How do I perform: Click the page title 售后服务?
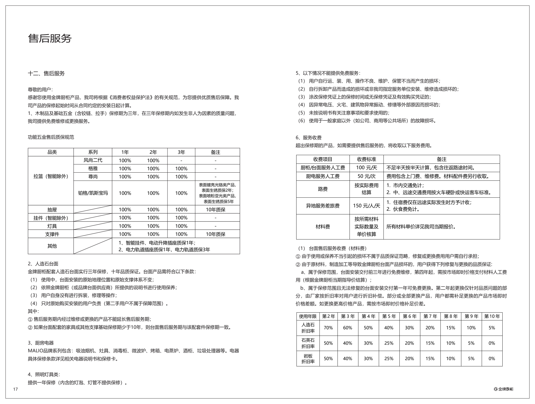tap(50, 39)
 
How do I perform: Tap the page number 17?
tap(15, 389)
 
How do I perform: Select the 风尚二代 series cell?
tap(93, 160)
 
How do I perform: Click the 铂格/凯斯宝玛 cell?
tap(93, 193)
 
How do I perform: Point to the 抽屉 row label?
tap(52, 209)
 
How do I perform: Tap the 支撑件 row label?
tap(52, 234)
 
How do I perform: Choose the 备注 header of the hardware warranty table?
tap(216, 152)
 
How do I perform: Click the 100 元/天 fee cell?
tap(367, 168)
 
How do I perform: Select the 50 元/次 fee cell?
tap(367, 176)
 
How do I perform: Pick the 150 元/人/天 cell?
tap(367, 206)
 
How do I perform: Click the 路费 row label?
tap(323, 189)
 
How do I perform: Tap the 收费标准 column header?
tap(367, 159)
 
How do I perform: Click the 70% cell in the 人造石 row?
tap(328, 328)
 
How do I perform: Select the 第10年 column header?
tap(492, 316)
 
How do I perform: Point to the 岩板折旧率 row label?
tap(308, 359)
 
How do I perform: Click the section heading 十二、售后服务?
tap(46, 73)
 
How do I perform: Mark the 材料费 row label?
tap(323, 227)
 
